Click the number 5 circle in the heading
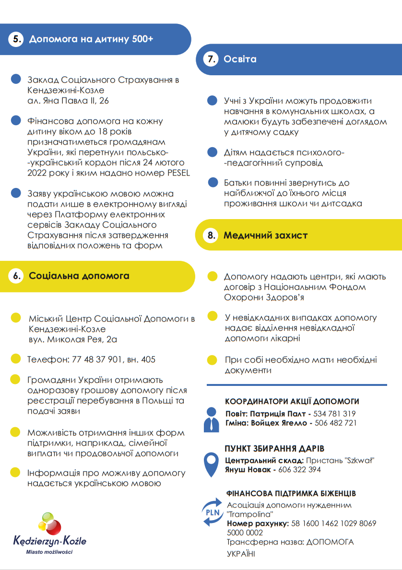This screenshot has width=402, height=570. coord(16,39)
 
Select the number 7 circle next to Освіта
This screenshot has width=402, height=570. coord(211,59)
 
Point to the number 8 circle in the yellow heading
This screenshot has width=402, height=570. coord(211,235)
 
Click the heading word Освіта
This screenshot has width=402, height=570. coord(240,59)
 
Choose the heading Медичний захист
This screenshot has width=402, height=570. coord(265,235)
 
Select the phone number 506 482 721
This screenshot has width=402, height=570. coord(335,423)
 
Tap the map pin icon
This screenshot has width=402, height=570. coord(210,463)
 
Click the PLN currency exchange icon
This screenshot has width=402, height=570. coord(212,512)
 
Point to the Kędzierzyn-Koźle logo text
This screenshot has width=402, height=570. coord(50,541)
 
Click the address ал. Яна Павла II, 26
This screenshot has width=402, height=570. coord(68,101)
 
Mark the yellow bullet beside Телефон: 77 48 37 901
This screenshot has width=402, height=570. coord(16,359)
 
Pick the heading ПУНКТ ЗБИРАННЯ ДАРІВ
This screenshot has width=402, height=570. coord(274,449)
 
